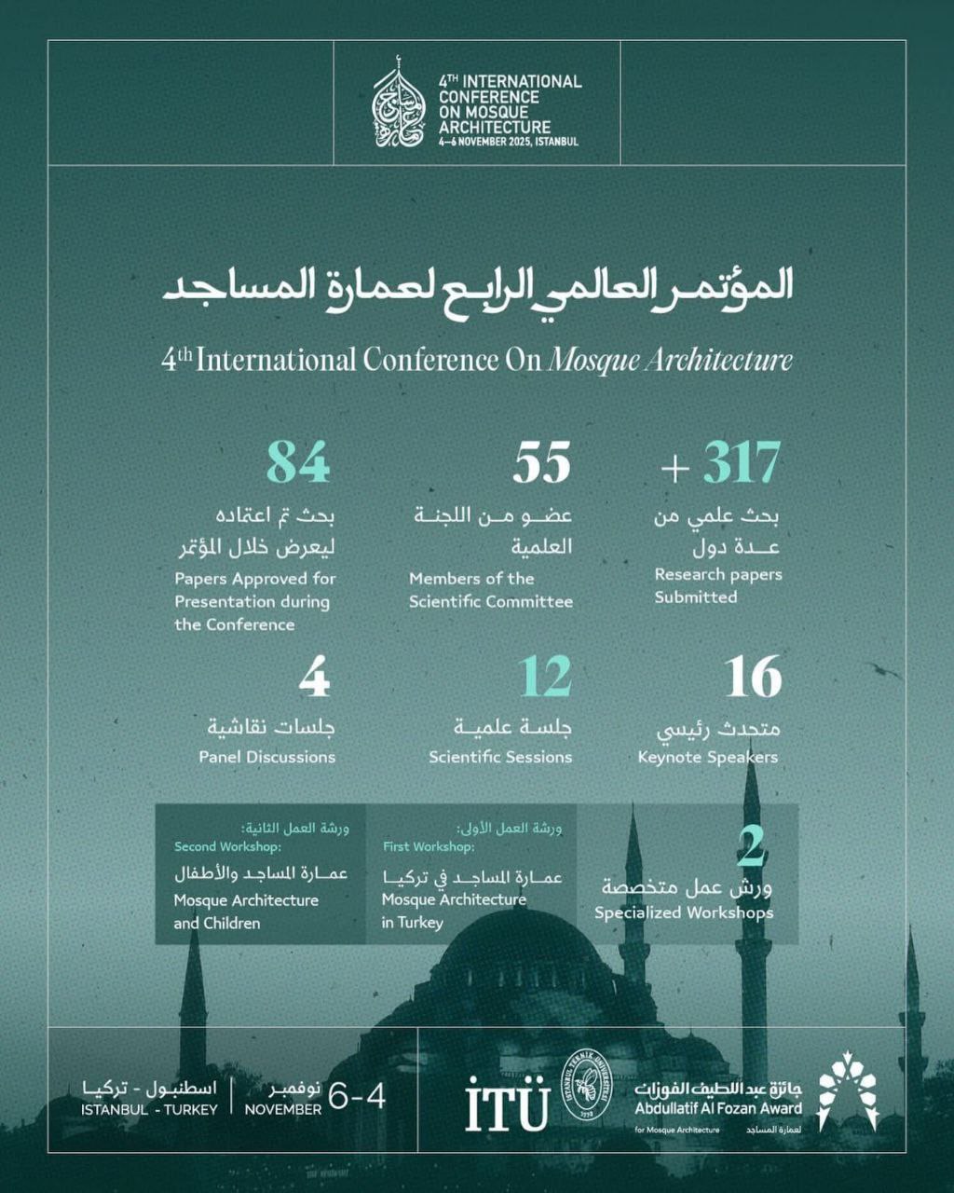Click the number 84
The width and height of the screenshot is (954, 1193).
pos(298,462)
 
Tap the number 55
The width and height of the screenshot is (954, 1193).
pos(541,462)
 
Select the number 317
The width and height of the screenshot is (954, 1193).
pos(742,462)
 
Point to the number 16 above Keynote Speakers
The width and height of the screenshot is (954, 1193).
pos(753,678)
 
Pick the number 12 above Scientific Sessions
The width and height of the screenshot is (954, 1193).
pos(545,678)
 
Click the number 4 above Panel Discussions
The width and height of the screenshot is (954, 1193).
pos(315,678)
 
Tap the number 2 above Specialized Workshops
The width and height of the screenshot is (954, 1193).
pos(752,845)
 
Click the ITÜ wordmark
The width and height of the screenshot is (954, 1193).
pos(507,1104)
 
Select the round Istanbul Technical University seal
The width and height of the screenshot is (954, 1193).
pos(586,1087)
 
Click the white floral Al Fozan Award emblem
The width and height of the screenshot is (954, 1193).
pos(848,1090)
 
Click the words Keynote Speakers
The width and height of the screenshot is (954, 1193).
pos(707,757)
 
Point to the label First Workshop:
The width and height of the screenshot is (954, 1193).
pos(429,846)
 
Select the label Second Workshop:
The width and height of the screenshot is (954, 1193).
pos(227,846)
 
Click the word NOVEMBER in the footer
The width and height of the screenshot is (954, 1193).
pos(282,1109)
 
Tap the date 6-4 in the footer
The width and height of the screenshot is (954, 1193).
pos(357,1097)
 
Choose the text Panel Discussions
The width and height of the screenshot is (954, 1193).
pos(266,757)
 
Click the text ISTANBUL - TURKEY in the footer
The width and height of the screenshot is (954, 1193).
pos(149,1109)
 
